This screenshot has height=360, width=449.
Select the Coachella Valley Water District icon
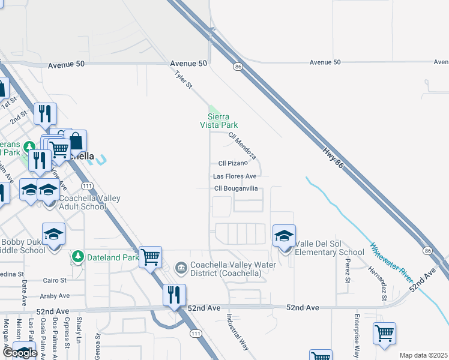[181, 266]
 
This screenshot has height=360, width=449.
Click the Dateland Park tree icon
[77, 257]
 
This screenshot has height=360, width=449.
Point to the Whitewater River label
[391, 263]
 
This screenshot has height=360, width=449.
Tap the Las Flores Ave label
[235, 176]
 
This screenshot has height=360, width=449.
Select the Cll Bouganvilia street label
[236, 188]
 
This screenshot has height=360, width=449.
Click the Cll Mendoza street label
[243, 146]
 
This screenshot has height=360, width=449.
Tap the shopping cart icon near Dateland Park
[150, 257]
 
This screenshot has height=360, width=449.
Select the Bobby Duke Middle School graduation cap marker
[54, 234]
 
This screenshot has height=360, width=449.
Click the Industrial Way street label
[237, 331]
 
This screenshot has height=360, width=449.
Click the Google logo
[19, 353]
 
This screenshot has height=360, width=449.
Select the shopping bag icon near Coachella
[76, 142]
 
